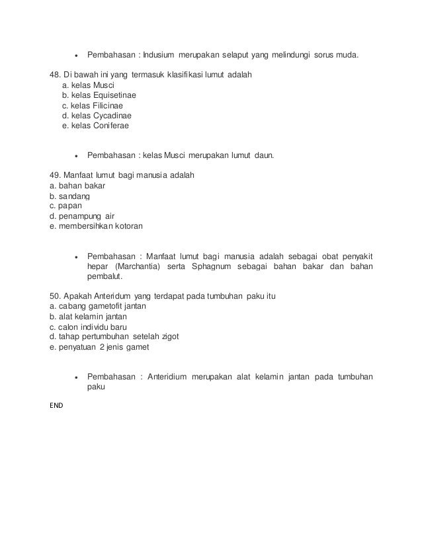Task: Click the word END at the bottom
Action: point(57,405)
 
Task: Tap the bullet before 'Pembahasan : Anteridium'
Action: point(77,377)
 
